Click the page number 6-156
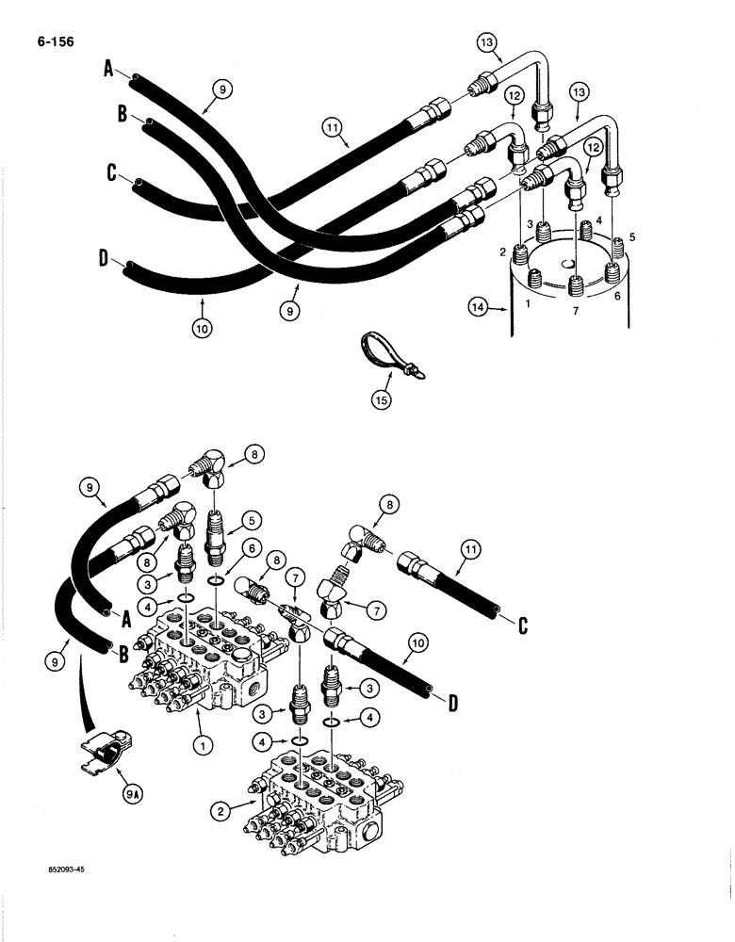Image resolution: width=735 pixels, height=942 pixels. [x=56, y=42]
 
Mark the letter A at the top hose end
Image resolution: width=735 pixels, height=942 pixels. [x=107, y=68]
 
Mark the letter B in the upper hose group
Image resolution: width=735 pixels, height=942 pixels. [x=122, y=114]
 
